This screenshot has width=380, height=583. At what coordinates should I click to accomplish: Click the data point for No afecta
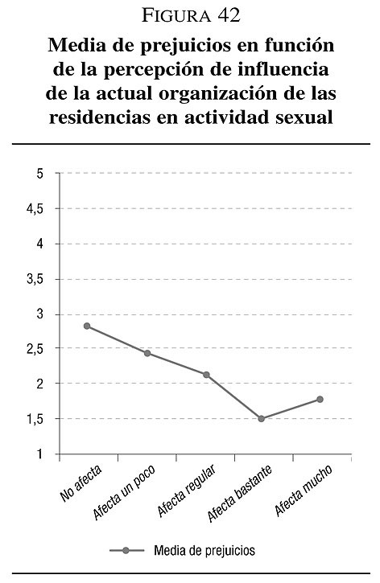[x=87, y=326]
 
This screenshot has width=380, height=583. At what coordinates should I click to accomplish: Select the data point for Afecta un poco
[x=147, y=353]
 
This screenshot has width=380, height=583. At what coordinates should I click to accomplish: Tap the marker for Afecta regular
[x=206, y=375]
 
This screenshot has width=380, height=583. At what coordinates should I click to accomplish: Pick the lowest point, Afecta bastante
[x=262, y=419]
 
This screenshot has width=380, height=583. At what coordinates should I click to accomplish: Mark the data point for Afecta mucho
[x=320, y=400]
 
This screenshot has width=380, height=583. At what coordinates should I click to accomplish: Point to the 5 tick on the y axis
[x=40, y=174]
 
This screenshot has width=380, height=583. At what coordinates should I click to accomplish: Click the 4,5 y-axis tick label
[x=35, y=209]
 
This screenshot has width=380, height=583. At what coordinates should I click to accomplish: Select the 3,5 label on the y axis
[x=35, y=280]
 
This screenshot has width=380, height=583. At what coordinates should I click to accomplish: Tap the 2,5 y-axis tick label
[x=35, y=350]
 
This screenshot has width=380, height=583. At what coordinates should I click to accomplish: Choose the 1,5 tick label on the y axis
[x=35, y=419]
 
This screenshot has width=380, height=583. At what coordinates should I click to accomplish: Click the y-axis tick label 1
[x=40, y=454]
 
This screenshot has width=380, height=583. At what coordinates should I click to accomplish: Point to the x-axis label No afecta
[x=81, y=482]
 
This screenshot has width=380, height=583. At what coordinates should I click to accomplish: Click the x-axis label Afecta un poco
[x=124, y=492]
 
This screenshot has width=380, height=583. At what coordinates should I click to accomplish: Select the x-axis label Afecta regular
[x=187, y=491]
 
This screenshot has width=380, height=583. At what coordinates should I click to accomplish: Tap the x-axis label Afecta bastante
[x=240, y=493]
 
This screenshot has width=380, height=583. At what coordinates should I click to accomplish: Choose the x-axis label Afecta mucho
[x=304, y=490]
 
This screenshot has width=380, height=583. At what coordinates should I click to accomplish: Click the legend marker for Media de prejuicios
[x=126, y=550]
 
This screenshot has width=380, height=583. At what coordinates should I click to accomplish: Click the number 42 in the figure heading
[x=229, y=16]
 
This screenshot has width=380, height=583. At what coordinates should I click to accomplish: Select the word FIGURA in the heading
[x=176, y=16]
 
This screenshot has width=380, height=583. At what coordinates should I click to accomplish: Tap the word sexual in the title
[x=304, y=117]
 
